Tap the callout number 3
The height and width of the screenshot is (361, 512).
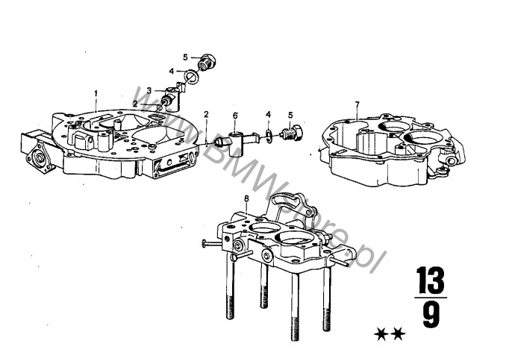(x=149, y=90)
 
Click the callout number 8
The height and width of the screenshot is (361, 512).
(x=246, y=198)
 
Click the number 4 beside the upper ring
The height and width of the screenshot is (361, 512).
(x=171, y=72)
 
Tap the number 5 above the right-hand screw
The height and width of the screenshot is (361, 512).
(x=290, y=115)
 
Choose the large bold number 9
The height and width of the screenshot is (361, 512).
(x=431, y=315)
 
